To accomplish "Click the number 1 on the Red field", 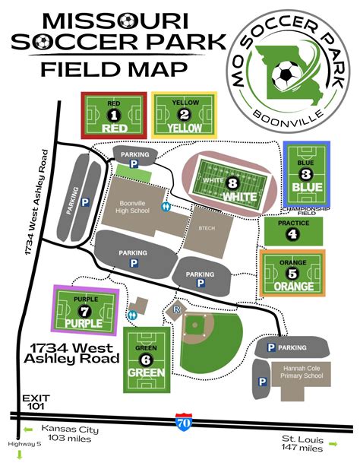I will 115,114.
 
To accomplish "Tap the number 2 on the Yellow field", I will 184,115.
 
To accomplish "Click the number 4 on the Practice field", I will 292,234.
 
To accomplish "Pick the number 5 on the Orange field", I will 293,274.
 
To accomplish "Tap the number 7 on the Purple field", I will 86,310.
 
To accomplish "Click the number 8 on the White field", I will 232,183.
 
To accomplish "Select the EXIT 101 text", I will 35,402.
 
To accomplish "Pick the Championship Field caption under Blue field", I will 306,209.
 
